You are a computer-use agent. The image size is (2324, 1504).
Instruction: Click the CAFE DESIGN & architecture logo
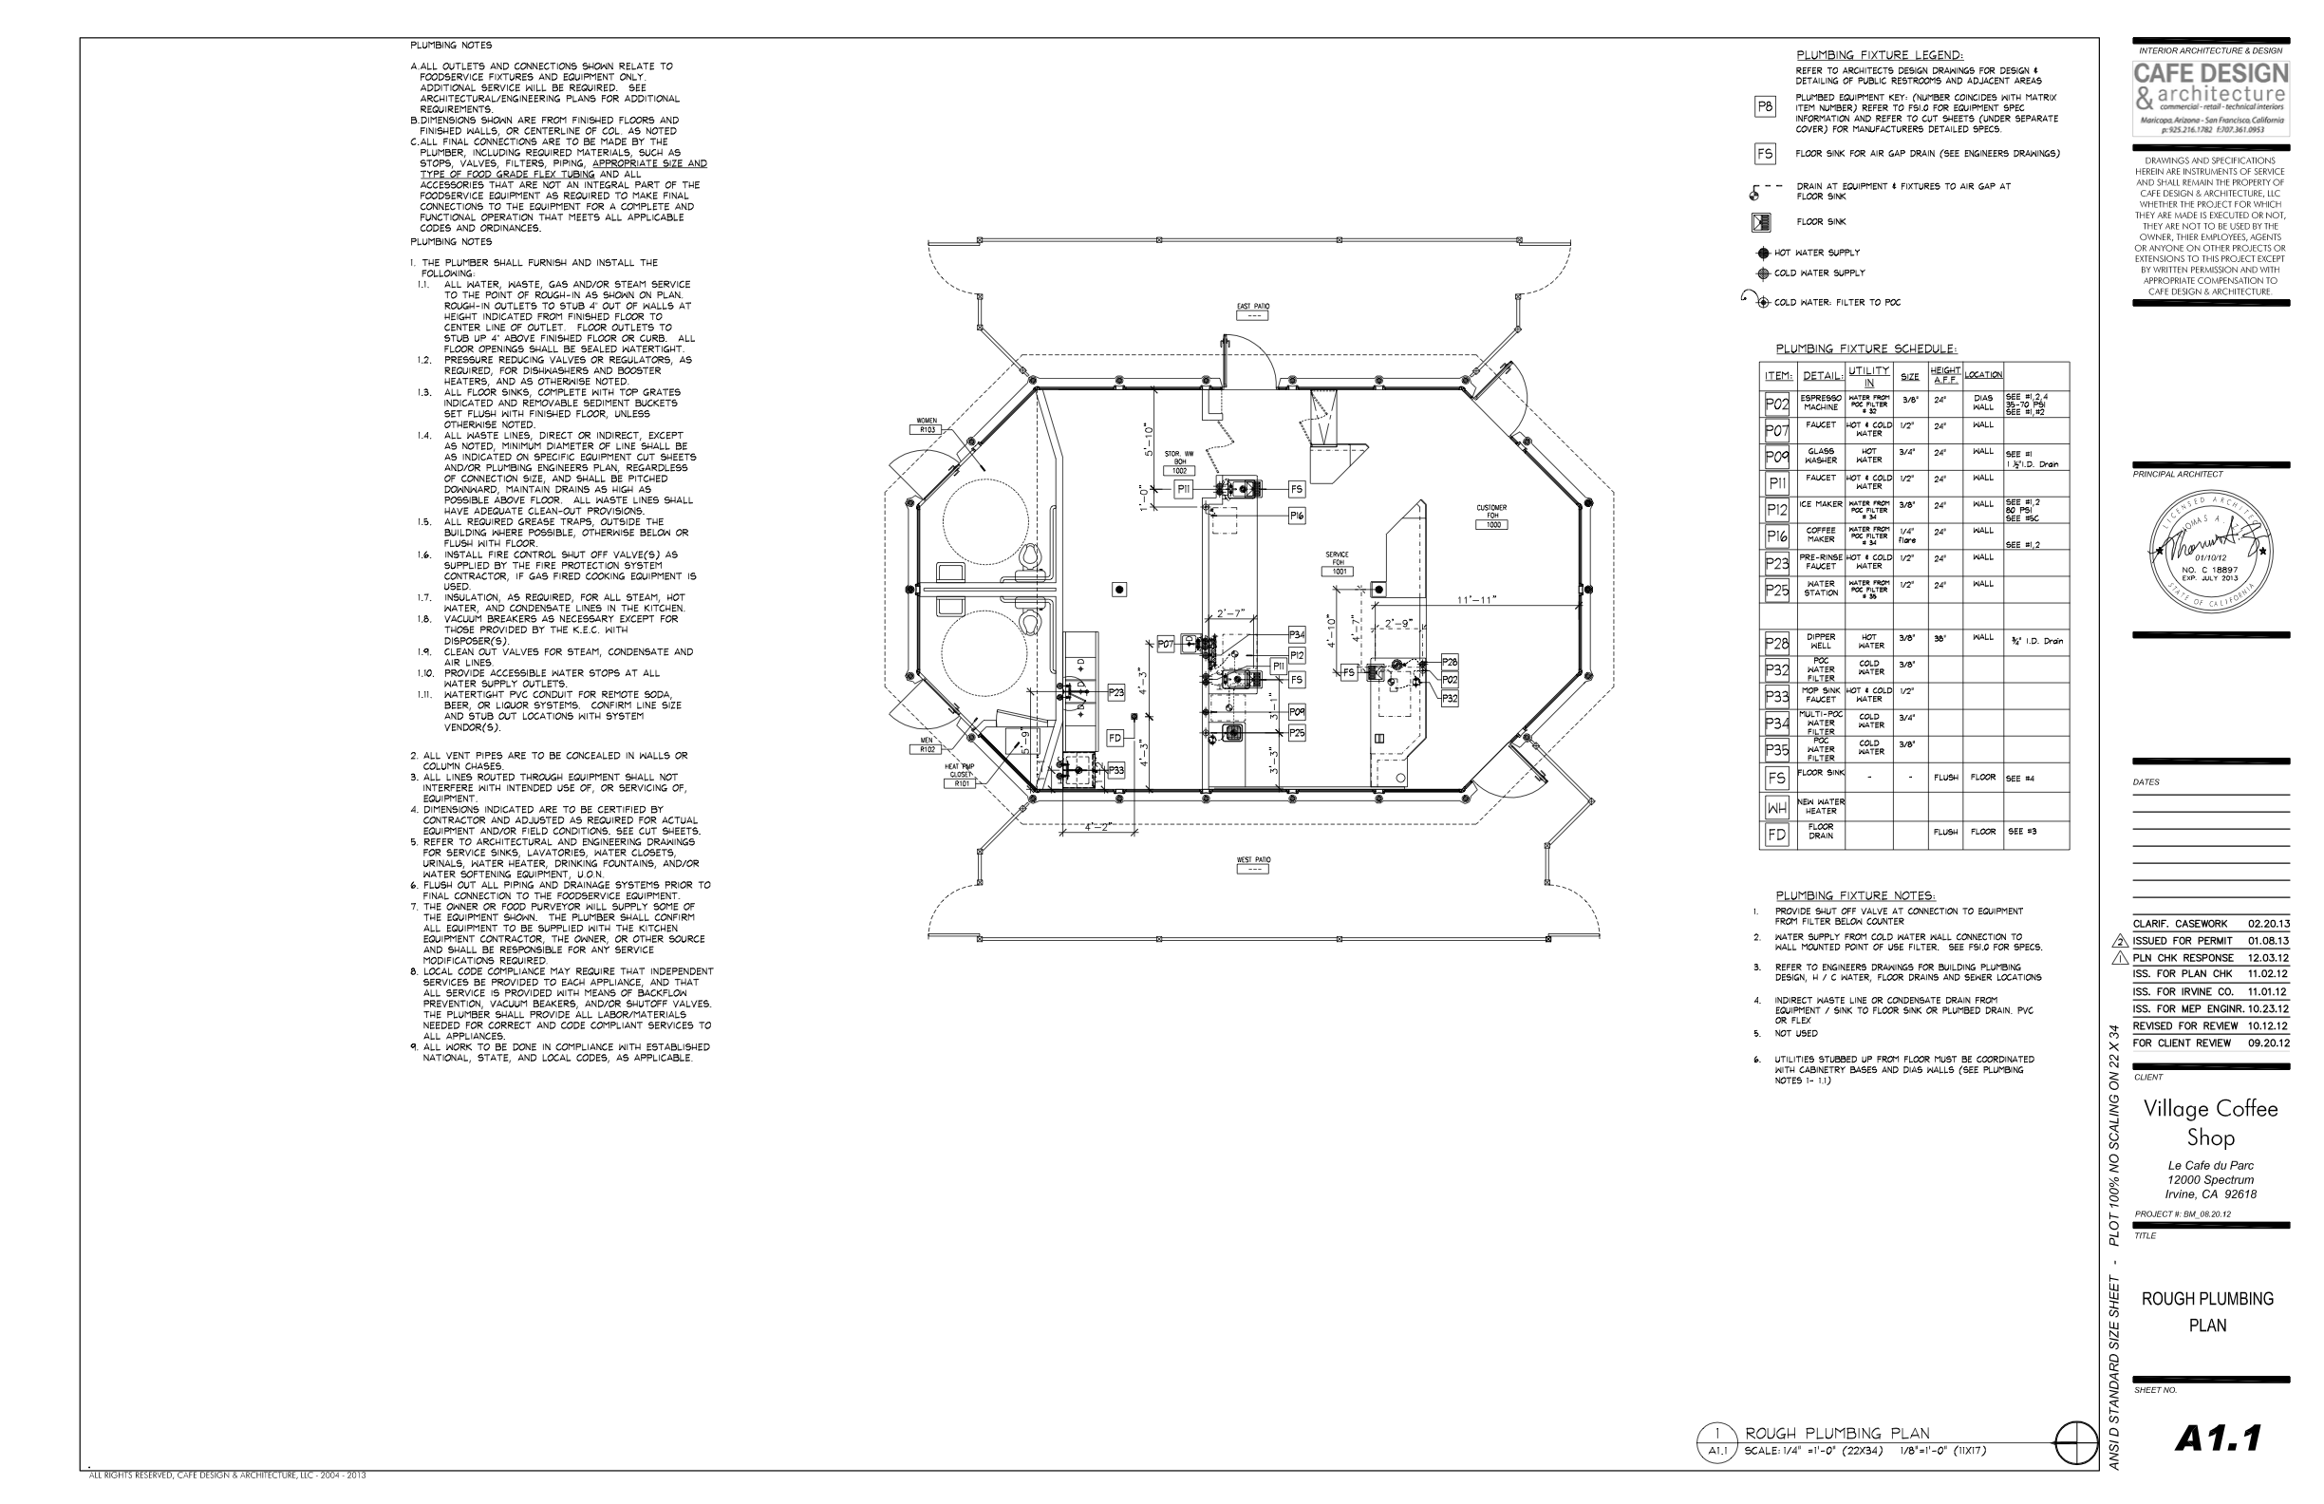[x=2211, y=99]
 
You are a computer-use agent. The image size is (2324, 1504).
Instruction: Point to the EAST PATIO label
[x=1253, y=310]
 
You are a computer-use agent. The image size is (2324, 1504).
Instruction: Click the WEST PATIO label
[x=1253, y=864]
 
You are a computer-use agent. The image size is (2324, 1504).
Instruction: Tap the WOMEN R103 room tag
[x=927, y=424]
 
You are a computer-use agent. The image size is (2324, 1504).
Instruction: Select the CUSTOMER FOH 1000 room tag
[x=1491, y=517]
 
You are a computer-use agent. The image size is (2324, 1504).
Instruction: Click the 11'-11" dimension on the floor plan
[x=1476, y=600]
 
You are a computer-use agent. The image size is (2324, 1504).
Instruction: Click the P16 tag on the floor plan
[x=1297, y=516]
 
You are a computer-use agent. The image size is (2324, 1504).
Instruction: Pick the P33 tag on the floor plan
[x=1116, y=770]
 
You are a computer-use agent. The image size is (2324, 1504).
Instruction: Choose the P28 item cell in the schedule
[x=1776, y=643]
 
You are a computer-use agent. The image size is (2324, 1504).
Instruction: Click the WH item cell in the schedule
[x=1776, y=808]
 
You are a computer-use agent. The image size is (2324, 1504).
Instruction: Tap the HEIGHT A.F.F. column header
[x=1945, y=375]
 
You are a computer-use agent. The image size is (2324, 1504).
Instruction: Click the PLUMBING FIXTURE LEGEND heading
[x=1880, y=56]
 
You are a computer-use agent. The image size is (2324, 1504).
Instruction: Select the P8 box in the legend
[x=1765, y=107]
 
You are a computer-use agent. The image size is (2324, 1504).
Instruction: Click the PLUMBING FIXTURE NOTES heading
[x=1855, y=895]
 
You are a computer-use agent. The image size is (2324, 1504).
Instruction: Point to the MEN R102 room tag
[x=927, y=745]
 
